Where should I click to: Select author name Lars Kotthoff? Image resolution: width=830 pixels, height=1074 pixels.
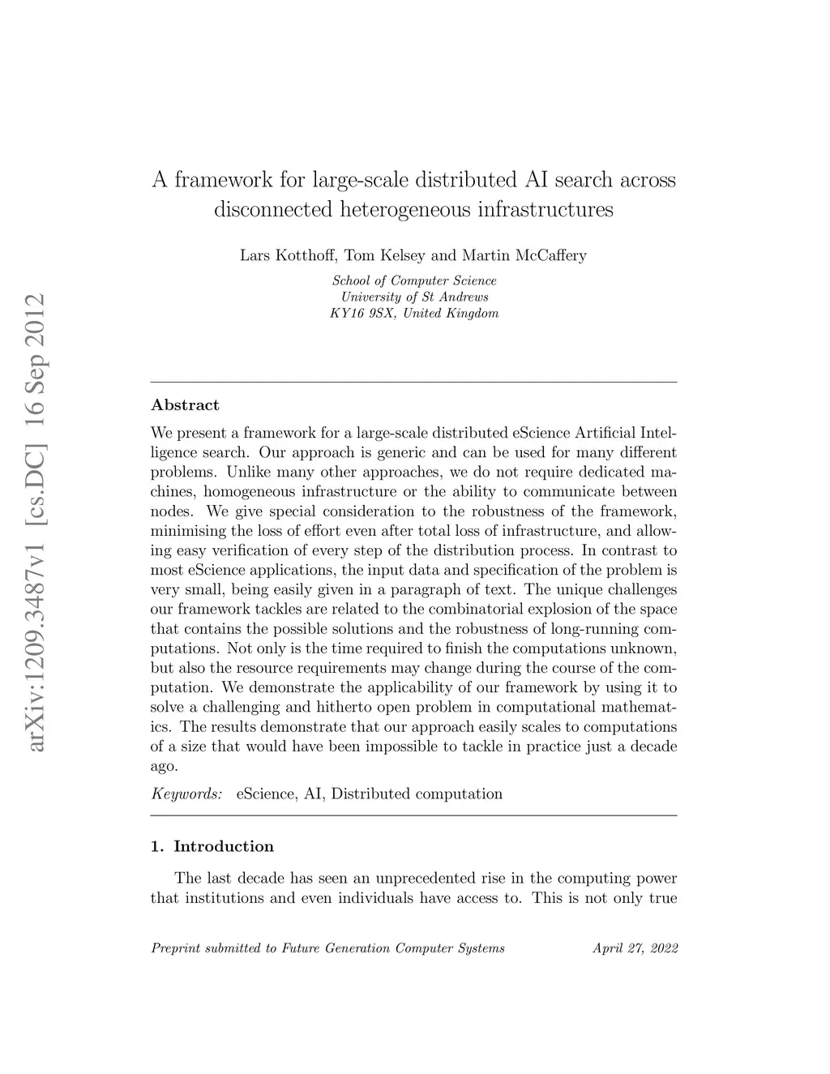tap(288, 255)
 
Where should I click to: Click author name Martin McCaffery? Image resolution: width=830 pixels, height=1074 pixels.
tap(524, 255)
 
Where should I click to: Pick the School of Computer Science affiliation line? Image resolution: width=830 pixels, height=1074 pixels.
tap(414, 280)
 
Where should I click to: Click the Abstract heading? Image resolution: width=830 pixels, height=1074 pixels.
tap(185, 405)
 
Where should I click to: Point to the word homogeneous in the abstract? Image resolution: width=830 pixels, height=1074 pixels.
tap(249, 491)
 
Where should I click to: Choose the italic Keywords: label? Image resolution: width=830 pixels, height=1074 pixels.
tap(186, 794)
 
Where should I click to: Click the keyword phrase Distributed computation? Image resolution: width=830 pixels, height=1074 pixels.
tap(417, 794)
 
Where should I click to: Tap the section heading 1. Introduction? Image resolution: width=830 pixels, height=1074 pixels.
tap(212, 847)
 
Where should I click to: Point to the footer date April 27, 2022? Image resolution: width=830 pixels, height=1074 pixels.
tap(635, 948)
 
